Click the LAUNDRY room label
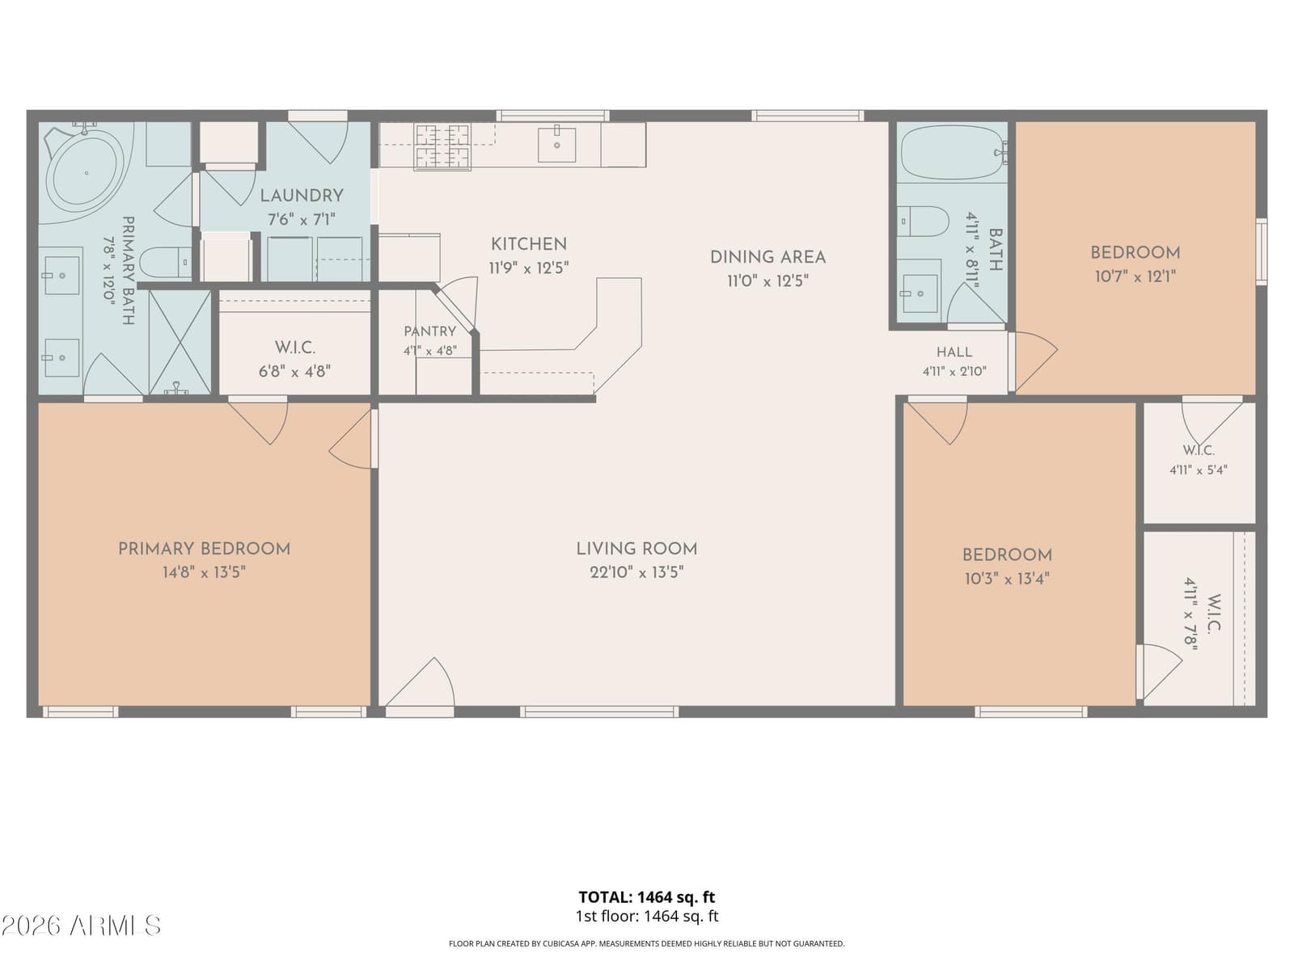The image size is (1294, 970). tap(301, 196)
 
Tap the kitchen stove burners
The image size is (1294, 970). tap(442, 146)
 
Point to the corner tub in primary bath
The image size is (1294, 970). tap(87, 172)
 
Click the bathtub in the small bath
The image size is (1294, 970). tap(951, 152)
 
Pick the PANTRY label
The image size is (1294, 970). tap(429, 331)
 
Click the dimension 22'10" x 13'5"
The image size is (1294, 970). tap(636, 572)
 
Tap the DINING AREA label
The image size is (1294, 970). tap(768, 257)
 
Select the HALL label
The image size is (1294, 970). tap(954, 352)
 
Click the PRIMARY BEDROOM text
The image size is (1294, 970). tap(204, 549)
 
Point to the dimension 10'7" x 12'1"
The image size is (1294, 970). tap(1135, 276)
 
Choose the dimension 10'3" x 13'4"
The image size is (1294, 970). tap(1007, 579)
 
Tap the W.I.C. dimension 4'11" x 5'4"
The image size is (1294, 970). tap(1198, 470)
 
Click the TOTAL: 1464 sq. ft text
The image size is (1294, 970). tap(647, 897)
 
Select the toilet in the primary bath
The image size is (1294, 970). tap(165, 263)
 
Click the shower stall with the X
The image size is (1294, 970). tap(180, 342)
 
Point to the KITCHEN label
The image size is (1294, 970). tap(529, 244)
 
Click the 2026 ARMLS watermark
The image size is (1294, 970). tap(81, 926)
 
